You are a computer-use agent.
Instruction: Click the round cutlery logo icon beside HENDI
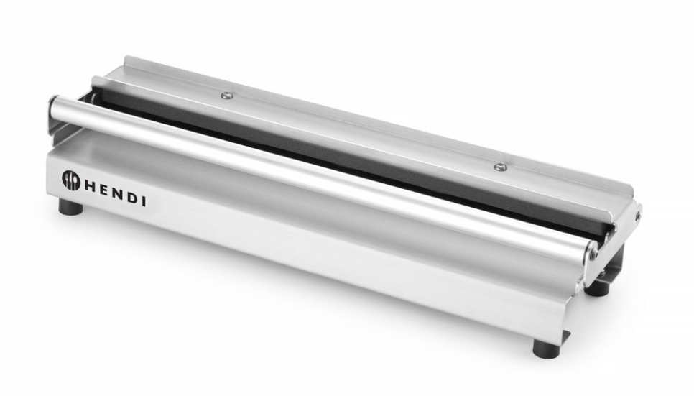[70, 180]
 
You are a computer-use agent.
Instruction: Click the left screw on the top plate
[226, 95]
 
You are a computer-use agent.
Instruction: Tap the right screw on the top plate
[500, 167]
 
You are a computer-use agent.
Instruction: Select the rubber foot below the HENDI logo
[70, 208]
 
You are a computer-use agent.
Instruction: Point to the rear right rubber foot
[596, 287]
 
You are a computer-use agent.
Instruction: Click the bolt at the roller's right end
[593, 252]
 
